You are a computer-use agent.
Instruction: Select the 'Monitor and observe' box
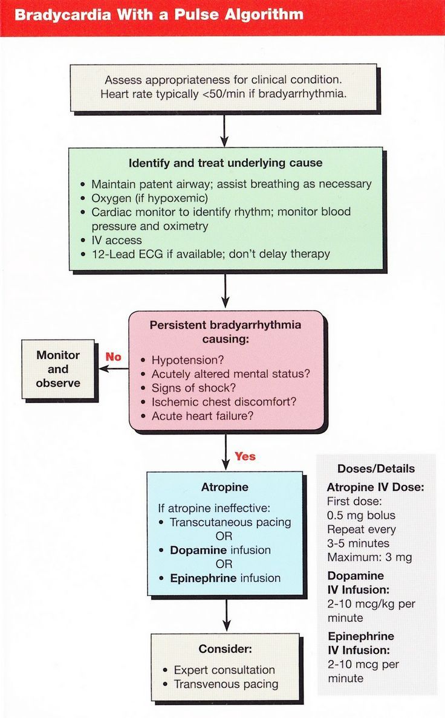pos(58,369)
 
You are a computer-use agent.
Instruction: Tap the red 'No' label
pos(114,357)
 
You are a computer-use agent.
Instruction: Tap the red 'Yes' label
pos(245,456)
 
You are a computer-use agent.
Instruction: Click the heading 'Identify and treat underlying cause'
pos(226,163)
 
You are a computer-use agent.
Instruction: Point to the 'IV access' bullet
pos(117,240)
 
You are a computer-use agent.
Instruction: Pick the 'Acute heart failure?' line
pos(202,416)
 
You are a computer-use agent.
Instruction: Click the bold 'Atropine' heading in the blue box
pos(224,487)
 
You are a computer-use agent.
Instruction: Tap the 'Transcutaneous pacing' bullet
pos(230,522)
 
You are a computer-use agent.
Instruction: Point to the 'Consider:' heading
pos(225,649)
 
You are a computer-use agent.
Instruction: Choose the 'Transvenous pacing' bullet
pos(226,684)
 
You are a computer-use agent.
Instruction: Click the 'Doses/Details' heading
pos(376,468)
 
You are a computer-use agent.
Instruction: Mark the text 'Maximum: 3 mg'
pos(369,557)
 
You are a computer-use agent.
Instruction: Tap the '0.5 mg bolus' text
pos(361,515)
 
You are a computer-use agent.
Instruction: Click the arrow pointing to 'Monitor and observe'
pos(112,368)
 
